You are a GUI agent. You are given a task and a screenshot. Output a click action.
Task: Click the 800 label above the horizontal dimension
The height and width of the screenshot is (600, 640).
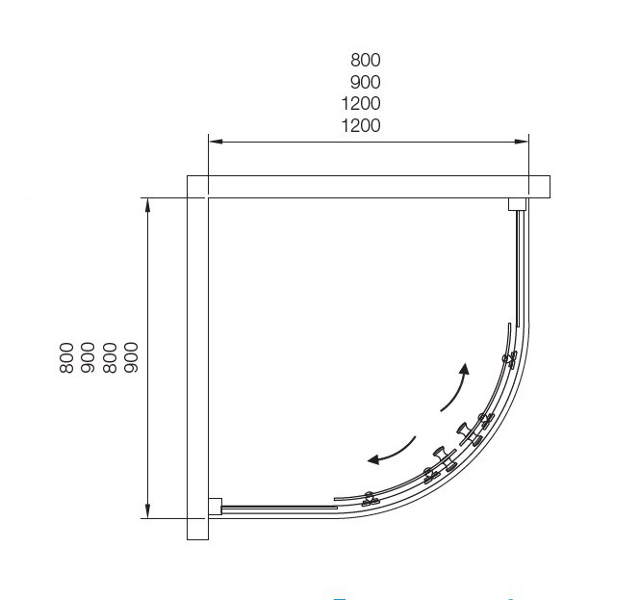pos(366,60)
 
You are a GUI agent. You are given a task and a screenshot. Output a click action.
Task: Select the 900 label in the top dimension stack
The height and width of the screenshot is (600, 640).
pos(366,82)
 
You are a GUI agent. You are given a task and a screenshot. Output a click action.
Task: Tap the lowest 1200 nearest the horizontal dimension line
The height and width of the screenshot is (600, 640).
pos(361,126)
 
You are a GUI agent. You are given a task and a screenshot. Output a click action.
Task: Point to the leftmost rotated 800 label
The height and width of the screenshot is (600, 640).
pos(66,358)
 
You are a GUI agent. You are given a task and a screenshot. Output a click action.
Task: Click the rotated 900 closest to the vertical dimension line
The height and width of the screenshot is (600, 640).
pos(131,358)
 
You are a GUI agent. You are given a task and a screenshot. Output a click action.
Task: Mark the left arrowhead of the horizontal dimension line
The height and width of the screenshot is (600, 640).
pos(216,142)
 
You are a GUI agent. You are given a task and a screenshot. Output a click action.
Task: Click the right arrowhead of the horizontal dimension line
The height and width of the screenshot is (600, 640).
pos(522,142)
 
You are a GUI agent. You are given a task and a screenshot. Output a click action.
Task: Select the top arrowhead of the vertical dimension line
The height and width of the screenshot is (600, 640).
pos(148,205)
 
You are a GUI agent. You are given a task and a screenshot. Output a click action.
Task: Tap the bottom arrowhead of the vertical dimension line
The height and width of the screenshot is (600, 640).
pos(148,511)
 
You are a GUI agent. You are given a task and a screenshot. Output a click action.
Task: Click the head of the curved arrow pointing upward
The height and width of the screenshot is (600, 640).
pos(465,369)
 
